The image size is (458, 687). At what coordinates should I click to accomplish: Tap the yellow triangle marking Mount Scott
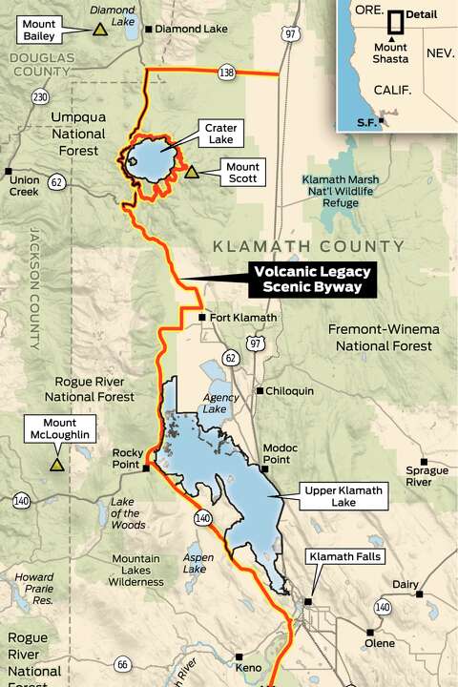coord(192,173)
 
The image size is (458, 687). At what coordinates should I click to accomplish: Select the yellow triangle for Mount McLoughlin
coord(57,465)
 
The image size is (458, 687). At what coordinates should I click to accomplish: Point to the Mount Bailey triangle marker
coord(98,30)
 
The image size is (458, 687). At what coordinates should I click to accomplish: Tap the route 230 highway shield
coord(39,96)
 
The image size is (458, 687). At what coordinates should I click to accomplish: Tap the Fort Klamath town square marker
coord(201,318)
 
